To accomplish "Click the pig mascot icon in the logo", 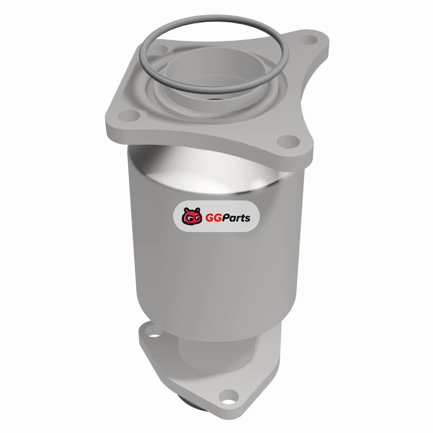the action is pos(192,215).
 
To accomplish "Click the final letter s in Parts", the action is pos(247,219).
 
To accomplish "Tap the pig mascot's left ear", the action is pos(186,210).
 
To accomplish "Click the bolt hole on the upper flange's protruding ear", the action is pos(307,40).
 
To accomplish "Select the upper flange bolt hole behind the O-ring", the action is pos(160,50).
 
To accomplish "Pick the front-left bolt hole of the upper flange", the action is pos(129,115).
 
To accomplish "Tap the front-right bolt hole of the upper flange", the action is pos(288,141).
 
